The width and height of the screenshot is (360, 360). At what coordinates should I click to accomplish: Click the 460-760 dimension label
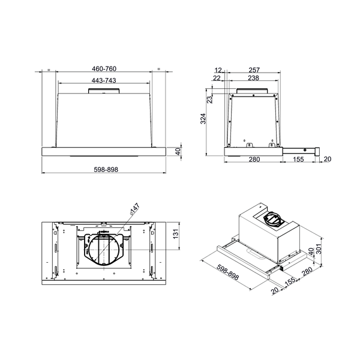point(104,68)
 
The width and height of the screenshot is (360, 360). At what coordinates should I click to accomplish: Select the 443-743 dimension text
point(104,80)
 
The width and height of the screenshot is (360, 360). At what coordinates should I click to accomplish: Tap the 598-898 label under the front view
point(106,169)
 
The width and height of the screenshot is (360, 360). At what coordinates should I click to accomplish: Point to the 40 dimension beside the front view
point(178,151)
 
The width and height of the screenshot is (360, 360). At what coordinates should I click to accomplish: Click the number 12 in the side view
point(218,70)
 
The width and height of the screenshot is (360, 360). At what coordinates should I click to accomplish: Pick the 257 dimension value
point(254,70)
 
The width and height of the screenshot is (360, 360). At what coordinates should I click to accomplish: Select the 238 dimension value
point(253,78)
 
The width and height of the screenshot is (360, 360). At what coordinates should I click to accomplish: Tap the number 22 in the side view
point(217,78)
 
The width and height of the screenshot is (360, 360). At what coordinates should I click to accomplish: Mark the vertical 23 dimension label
point(210,100)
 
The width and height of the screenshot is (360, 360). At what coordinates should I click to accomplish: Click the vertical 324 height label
point(203,119)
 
